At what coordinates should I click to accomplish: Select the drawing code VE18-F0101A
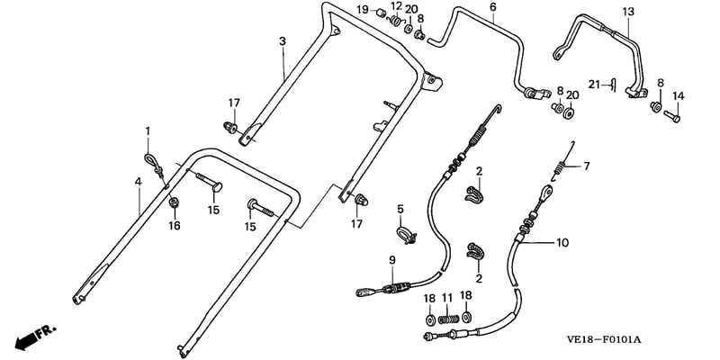[605, 340]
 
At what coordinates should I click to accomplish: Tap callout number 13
[627, 12]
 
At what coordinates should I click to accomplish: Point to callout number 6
[493, 6]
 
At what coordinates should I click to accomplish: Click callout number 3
[283, 41]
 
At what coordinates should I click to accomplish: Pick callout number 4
[139, 182]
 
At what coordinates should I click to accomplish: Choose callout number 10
[562, 242]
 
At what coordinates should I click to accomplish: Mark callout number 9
[392, 260]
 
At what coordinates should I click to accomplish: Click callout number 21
[595, 85]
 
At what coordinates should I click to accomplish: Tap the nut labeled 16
[174, 202]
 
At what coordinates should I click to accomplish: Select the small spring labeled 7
[561, 164]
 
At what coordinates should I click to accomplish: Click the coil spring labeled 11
[448, 319]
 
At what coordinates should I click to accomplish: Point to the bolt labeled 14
[671, 116]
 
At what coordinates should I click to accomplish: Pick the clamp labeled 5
[406, 233]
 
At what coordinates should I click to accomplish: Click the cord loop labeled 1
[154, 165]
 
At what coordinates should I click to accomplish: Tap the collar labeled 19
[382, 13]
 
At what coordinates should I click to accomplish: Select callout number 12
[396, 5]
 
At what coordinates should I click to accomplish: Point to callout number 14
[679, 96]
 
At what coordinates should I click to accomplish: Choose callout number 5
[400, 210]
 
